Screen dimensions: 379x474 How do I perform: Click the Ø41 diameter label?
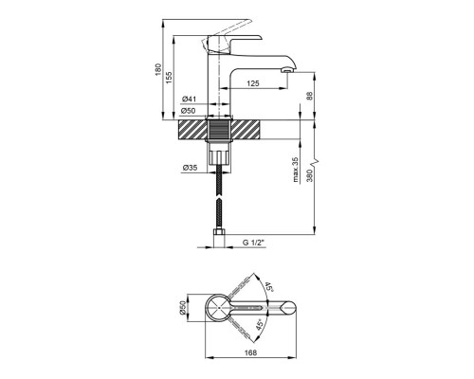tap(189, 99)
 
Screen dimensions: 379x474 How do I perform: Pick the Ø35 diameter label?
tap(189, 168)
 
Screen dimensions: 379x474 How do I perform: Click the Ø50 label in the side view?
tap(189, 112)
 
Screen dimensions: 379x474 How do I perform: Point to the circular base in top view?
tap(220, 308)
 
